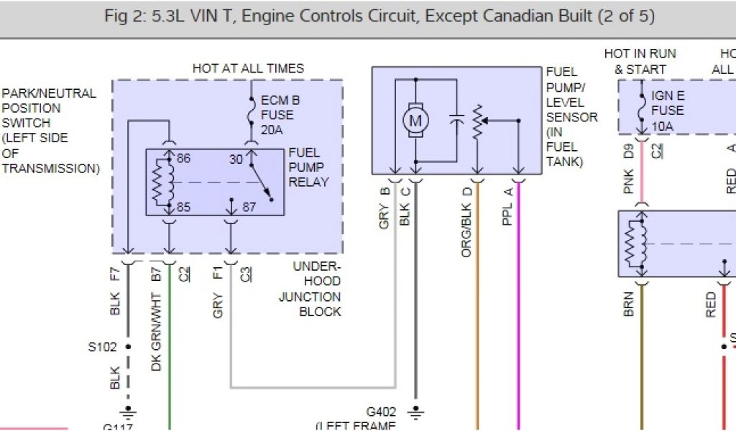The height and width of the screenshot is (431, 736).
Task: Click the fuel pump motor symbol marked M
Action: (415, 122)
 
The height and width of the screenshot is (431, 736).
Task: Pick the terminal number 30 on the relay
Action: (235, 159)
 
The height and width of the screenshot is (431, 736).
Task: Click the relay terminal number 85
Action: (184, 207)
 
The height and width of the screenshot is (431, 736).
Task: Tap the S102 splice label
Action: (101, 346)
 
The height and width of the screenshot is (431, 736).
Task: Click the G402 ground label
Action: (382, 412)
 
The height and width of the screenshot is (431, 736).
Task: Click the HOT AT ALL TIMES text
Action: (248, 68)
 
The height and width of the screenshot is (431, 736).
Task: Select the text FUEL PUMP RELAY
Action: (308, 167)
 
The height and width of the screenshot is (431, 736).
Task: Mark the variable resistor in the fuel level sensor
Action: (476, 122)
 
